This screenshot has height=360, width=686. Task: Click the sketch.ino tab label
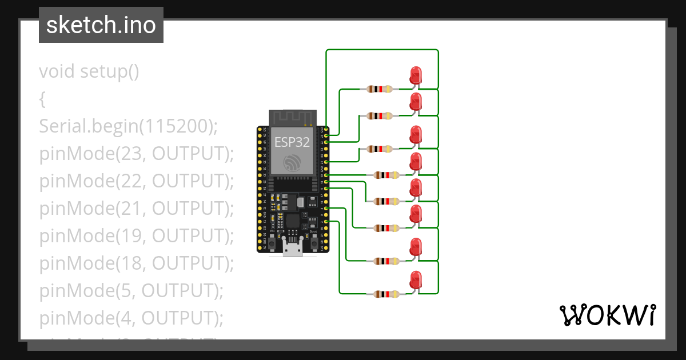click(x=101, y=25)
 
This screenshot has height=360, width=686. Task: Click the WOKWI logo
click(x=607, y=315)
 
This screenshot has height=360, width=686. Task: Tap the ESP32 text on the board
click(x=292, y=142)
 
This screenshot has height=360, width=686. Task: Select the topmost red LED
click(x=416, y=75)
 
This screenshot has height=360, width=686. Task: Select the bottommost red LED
click(x=416, y=280)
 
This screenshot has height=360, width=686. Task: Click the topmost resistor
click(x=380, y=89)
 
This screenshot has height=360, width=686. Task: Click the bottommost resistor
click(x=386, y=294)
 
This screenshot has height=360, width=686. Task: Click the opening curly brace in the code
click(x=42, y=99)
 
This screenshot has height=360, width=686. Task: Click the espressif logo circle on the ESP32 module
click(x=292, y=162)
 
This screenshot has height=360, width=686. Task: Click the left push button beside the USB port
click(x=273, y=244)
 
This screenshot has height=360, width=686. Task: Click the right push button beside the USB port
click(x=314, y=244)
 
